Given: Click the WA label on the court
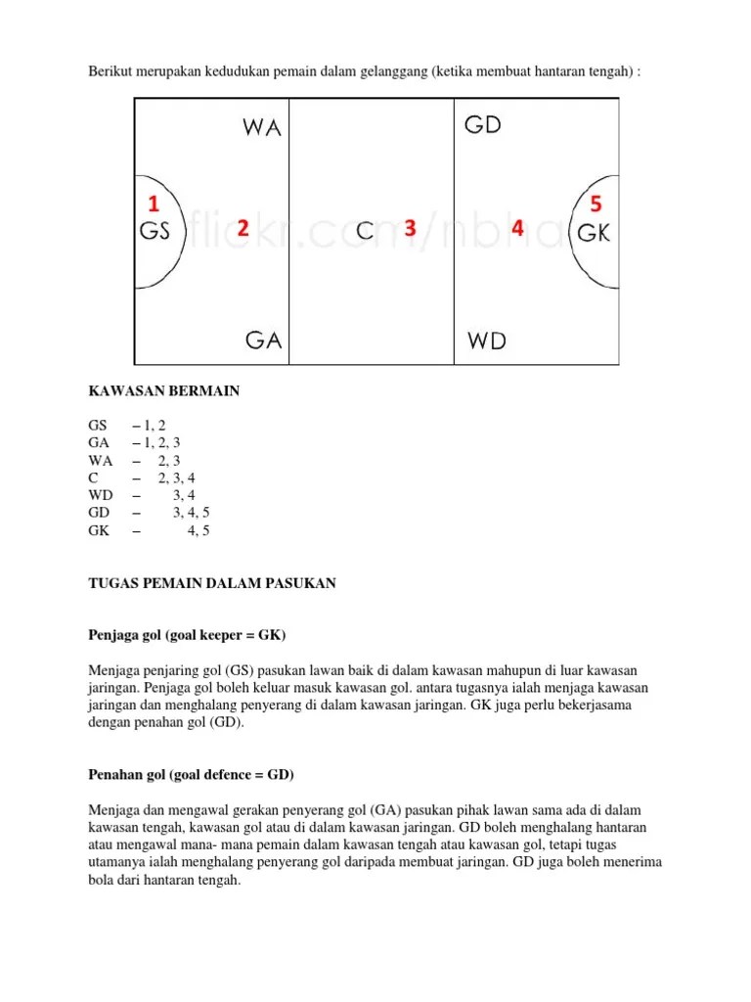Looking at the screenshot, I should point(261,129).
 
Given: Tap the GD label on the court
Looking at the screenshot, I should point(483,125).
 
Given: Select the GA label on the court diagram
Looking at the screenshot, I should point(263,340).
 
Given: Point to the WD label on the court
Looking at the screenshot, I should point(487,341).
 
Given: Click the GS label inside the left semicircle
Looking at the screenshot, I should point(155,233).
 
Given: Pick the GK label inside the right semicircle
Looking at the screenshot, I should point(595,233).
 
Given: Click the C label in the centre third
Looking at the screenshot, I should point(365,232).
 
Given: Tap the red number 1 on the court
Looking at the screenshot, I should point(153,204).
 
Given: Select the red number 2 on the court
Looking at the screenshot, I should point(243,228).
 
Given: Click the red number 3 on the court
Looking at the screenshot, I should point(411,228).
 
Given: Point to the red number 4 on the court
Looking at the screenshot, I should point(517,228).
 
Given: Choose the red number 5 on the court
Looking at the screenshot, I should point(596,204).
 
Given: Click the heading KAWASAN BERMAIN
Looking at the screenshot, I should point(164,391).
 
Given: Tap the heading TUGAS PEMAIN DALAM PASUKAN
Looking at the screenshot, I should point(212,583).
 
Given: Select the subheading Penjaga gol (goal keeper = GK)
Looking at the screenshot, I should point(187,635).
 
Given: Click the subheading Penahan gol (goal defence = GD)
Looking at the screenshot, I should point(192,774).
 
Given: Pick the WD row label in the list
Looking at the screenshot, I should point(101,495).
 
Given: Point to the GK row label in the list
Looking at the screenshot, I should point(100,530).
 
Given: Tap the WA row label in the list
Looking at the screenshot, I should point(101,460).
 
